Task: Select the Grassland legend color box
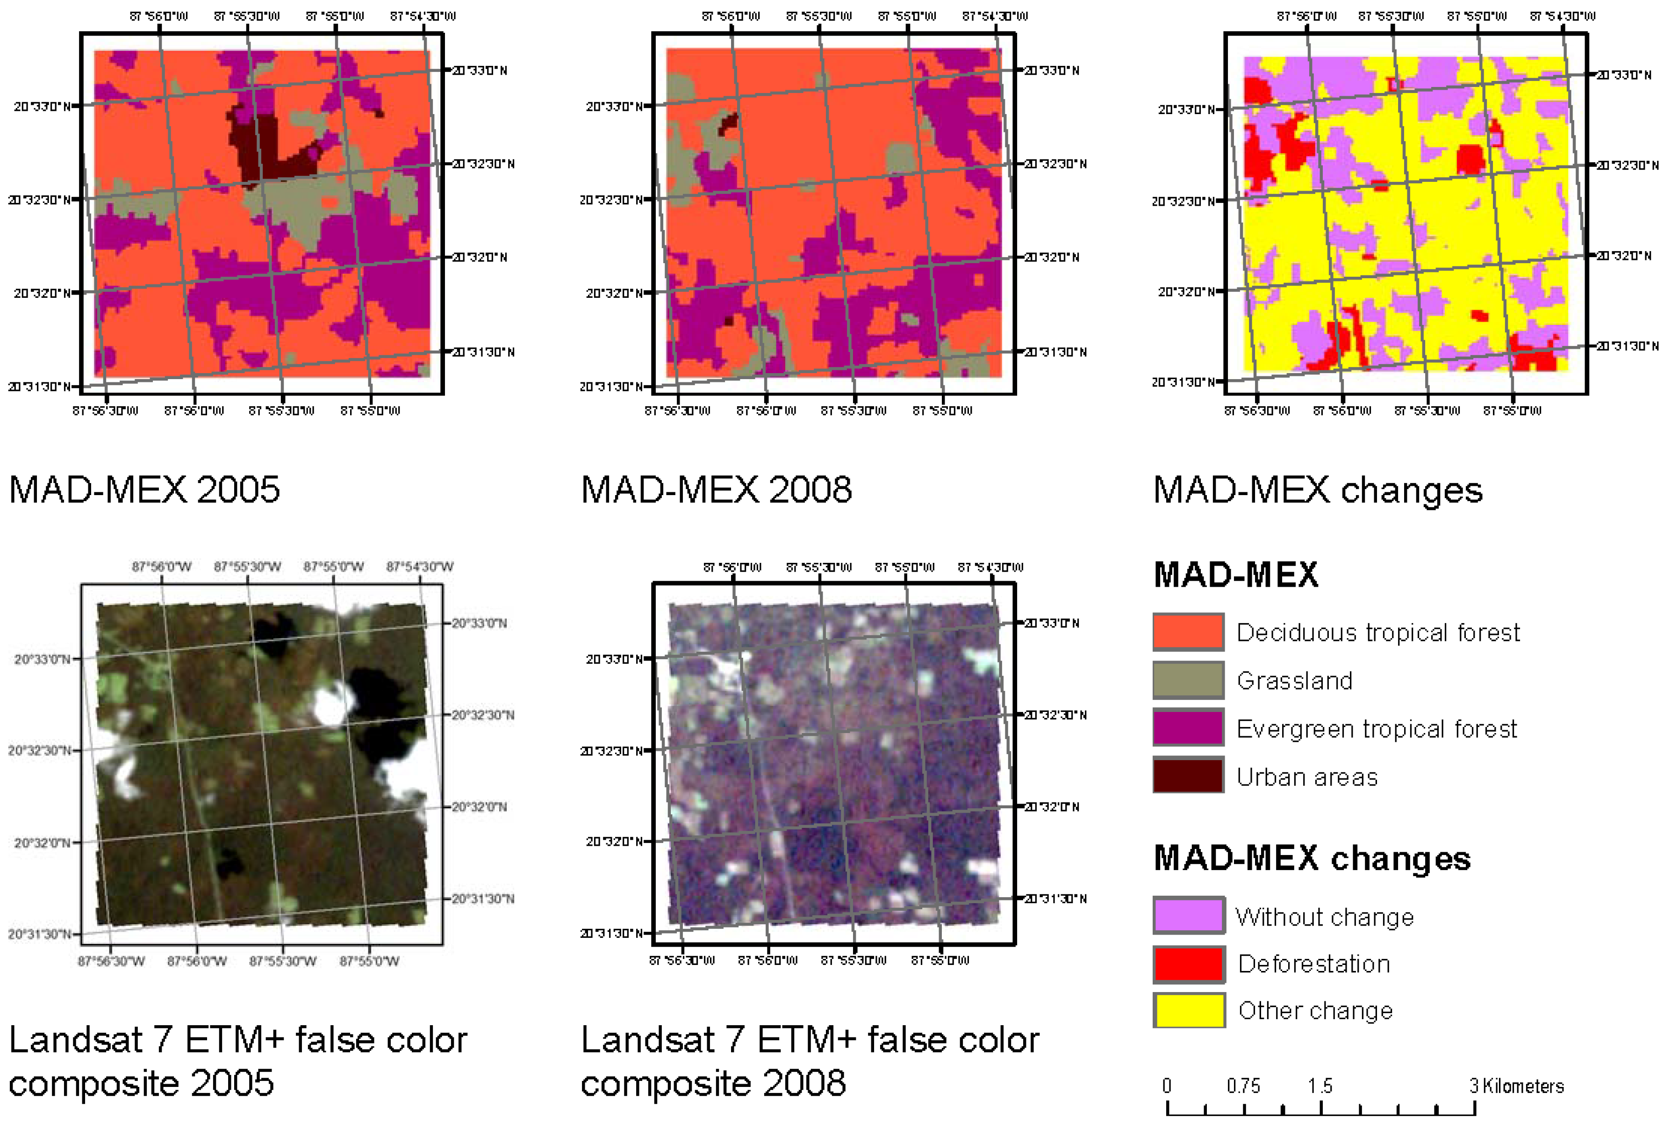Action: click(1188, 680)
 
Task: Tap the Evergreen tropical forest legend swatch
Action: click(1188, 728)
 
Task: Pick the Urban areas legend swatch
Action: click(1188, 776)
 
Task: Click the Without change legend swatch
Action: click(1188, 915)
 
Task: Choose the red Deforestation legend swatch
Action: click(1188, 963)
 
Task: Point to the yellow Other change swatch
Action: click(1188, 1010)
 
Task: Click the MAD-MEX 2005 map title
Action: click(144, 489)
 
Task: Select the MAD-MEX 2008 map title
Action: click(716, 489)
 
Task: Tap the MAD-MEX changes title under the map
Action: click(1317, 489)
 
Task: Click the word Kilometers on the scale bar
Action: click(1523, 1086)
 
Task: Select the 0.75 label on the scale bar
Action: click(1243, 1086)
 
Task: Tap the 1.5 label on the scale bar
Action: click(1320, 1086)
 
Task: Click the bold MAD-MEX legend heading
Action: click(1235, 575)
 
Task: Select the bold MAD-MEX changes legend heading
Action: click(1311, 858)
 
